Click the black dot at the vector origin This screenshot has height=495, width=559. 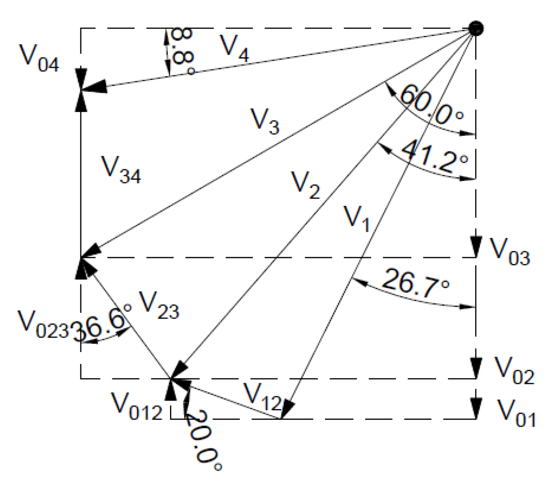pos(477,28)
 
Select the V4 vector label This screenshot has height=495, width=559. pos(235,48)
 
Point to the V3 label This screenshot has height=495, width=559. pos(265,120)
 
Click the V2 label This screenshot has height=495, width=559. pos(305,185)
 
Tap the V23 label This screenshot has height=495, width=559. pos(158,306)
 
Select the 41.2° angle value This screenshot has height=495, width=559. pos(435,156)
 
